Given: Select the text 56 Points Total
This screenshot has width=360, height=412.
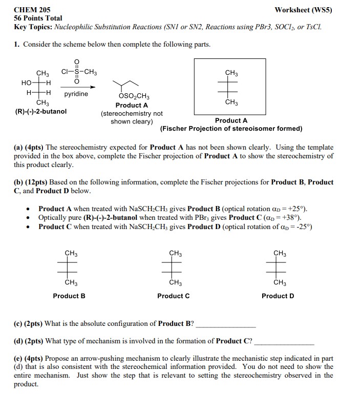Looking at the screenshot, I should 38,18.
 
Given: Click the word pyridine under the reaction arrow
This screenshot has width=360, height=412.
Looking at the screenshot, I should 76,94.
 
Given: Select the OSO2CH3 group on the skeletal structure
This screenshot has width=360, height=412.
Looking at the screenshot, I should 133,96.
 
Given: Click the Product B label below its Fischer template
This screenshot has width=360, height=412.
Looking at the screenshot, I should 69,296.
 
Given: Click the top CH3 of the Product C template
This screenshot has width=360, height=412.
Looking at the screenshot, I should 175,253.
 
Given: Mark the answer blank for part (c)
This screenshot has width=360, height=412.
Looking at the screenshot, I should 226,325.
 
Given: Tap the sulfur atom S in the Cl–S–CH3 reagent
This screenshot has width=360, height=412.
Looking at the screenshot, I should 77,72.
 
